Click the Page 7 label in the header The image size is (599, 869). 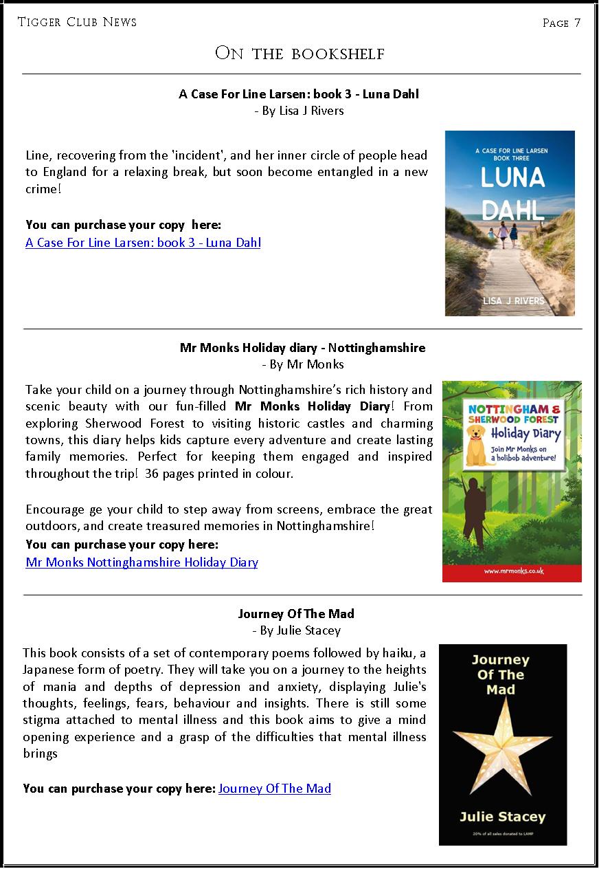[x=561, y=23]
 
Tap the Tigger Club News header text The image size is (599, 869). [x=77, y=22]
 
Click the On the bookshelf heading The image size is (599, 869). [x=299, y=53]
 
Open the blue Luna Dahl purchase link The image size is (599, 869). [x=143, y=242]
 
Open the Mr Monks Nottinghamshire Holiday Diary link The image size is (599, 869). [x=142, y=562]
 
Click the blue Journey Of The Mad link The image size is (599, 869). [x=274, y=789]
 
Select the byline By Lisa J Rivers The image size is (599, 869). [x=299, y=111]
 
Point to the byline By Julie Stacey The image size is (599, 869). [x=296, y=630]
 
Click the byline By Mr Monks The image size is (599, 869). [x=302, y=364]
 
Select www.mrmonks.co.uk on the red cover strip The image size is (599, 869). [x=512, y=571]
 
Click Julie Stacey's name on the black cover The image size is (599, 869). [x=502, y=817]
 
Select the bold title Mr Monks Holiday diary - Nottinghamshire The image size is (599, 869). [x=302, y=348]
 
